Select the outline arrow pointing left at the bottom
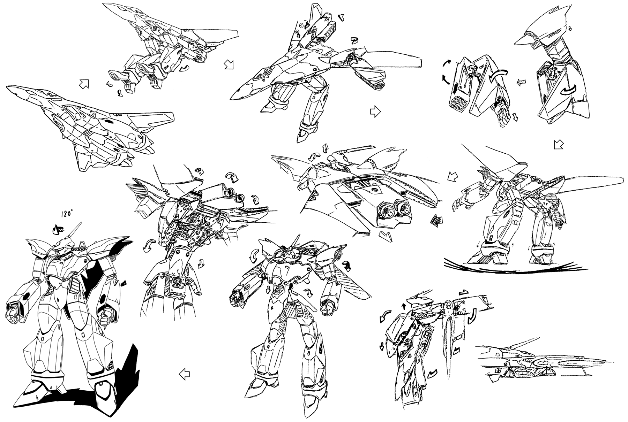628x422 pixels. click(x=184, y=375)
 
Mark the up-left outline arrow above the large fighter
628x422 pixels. click(x=84, y=84)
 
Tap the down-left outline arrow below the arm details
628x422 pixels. click(x=559, y=144)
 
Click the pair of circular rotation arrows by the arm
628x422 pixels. click(x=447, y=71)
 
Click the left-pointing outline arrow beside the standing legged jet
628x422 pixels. click(x=453, y=176)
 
